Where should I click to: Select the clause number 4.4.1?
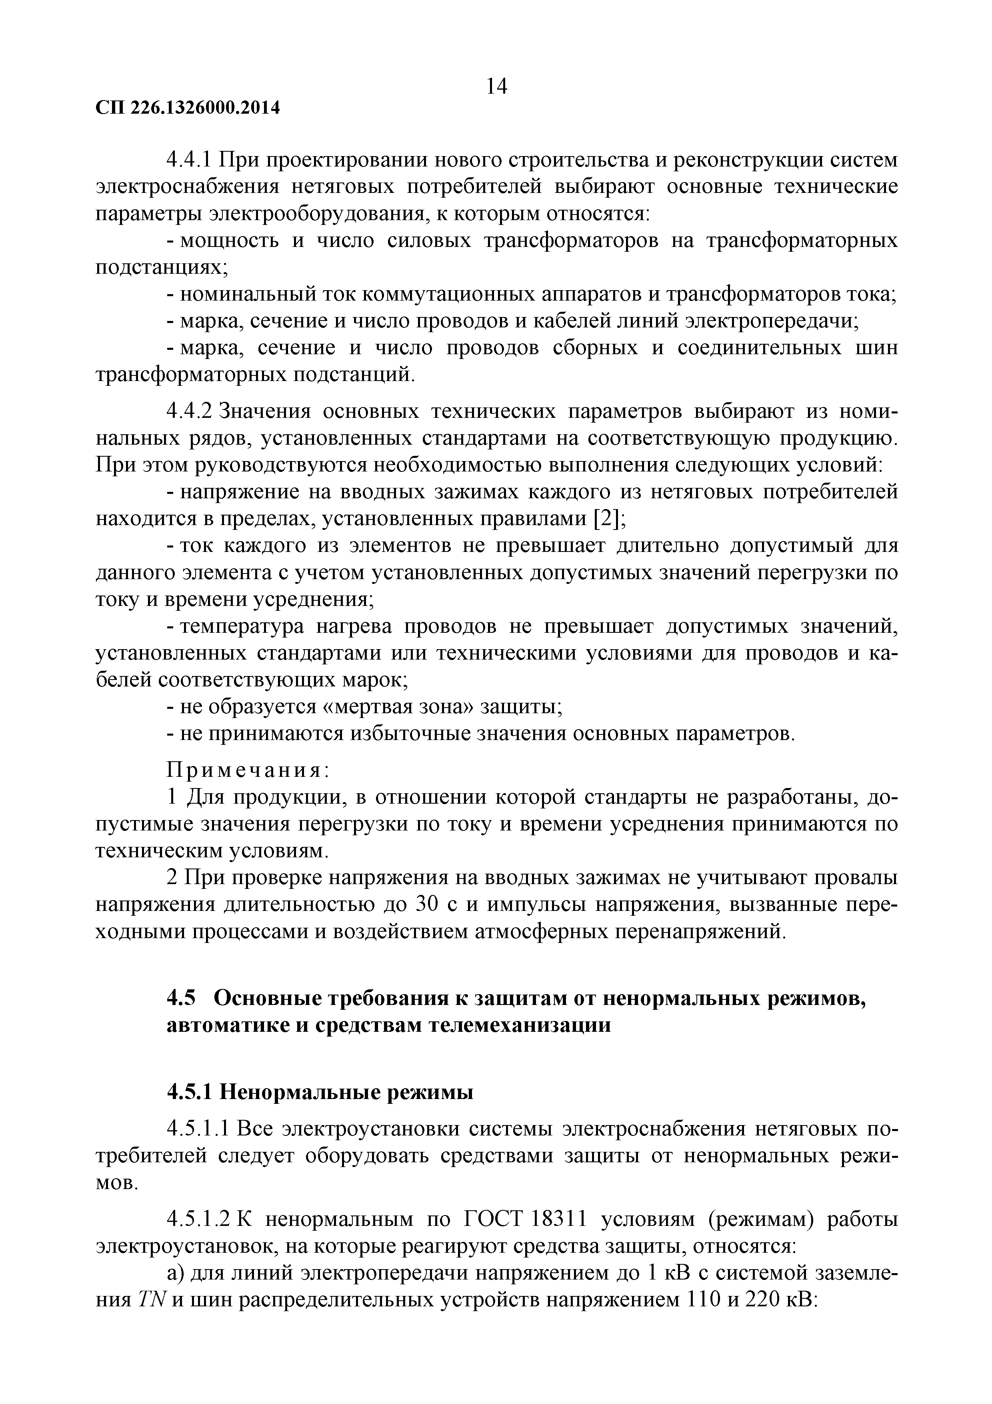pyautogui.click(x=189, y=161)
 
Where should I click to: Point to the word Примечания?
pyautogui.click(x=248, y=770)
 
